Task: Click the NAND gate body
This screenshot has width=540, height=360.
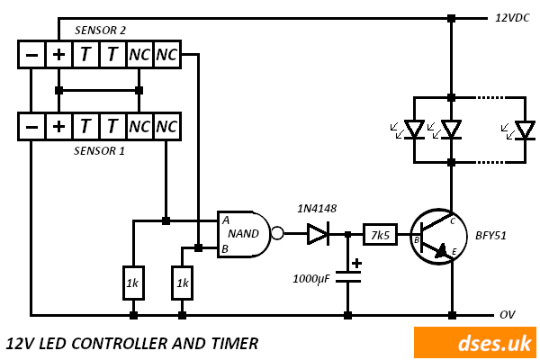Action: click(241, 234)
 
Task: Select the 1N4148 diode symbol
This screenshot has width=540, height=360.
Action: click(318, 234)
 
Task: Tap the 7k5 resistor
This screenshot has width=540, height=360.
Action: click(380, 234)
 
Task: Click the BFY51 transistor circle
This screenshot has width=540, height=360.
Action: click(438, 237)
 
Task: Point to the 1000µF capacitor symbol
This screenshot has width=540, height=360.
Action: click(347, 277)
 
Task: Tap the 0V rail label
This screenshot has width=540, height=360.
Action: click(508, 315)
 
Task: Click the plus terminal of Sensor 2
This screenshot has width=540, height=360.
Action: click(58, 54)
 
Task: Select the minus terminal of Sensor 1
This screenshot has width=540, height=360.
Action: click(31, 127)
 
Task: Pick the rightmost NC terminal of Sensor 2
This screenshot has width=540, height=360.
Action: click(166, 54)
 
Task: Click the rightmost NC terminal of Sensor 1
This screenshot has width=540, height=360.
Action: click(166, 127)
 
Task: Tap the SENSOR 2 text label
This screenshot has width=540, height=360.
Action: click(100, 31)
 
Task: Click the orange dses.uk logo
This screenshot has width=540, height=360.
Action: click(474, 343)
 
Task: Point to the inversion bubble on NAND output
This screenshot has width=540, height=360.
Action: click(277, 234)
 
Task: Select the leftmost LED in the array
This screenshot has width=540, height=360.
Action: click(414, 130)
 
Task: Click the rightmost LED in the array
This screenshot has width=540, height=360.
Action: click(525, 130)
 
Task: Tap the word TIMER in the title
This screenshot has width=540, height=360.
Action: click(232, 343)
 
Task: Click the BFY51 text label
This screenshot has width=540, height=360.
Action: click(490, 236)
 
